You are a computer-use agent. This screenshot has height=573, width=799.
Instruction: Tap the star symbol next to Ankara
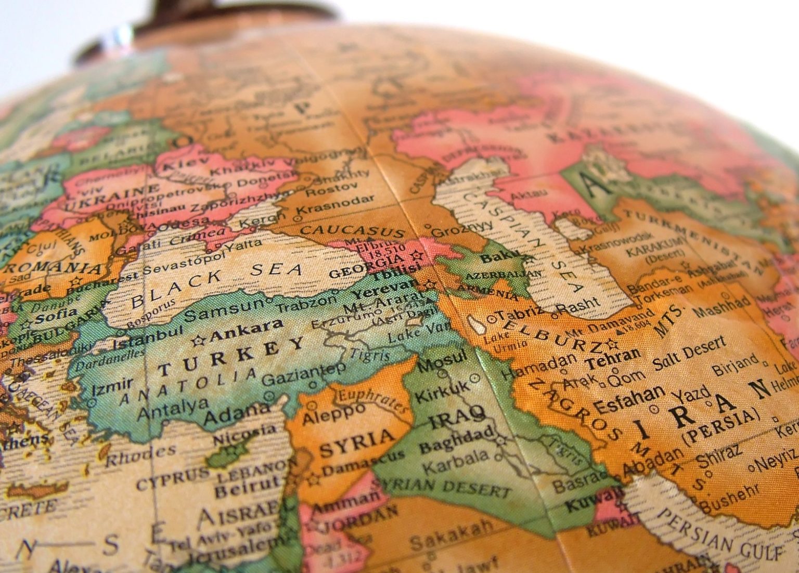198,341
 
